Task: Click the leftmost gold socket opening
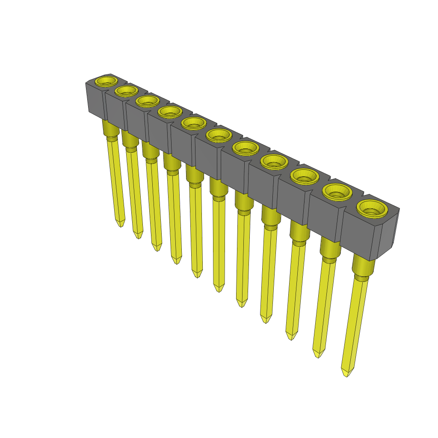pyautogui.click(x=106, y=80)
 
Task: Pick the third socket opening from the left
pyautogui.click(x=148, y=101)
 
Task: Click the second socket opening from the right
pyautogui.click(x=337, y=192)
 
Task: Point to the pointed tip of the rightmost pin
pyautogui.click(x=346, y=373)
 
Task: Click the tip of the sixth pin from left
pyautogui.click(x=219, y=288)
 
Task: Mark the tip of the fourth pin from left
pyautogui.click(x=176, y=260)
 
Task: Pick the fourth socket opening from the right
pyautogui.click(x=273, y=161)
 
